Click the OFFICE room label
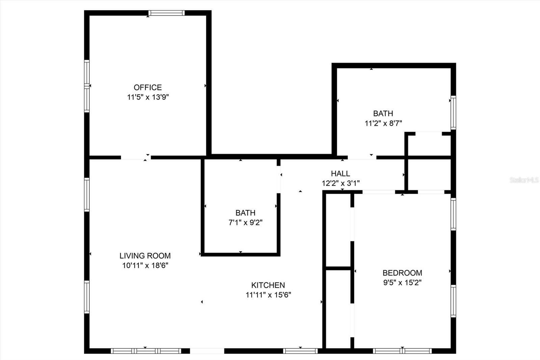click(147, 87)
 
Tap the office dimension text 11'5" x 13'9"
click(147, 97)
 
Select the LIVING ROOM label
click(145, 256)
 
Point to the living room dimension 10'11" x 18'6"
click(145, 265)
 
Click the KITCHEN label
click(268, 285)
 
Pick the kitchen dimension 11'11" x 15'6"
click(268, 295)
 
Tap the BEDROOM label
click(402, 273)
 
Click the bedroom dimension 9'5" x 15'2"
click(402, 282)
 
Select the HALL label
click(340, 174)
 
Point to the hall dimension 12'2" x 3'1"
click(340, 183)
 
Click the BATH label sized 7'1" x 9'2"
click(245, 213)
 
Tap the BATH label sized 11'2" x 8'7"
click(383, 113)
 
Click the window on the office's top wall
click(166, 13)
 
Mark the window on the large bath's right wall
click(453, 113)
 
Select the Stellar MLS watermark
click(524, 180)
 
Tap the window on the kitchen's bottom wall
click(300, 351)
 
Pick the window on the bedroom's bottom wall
click(402, 351)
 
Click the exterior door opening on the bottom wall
click(207, 351)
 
